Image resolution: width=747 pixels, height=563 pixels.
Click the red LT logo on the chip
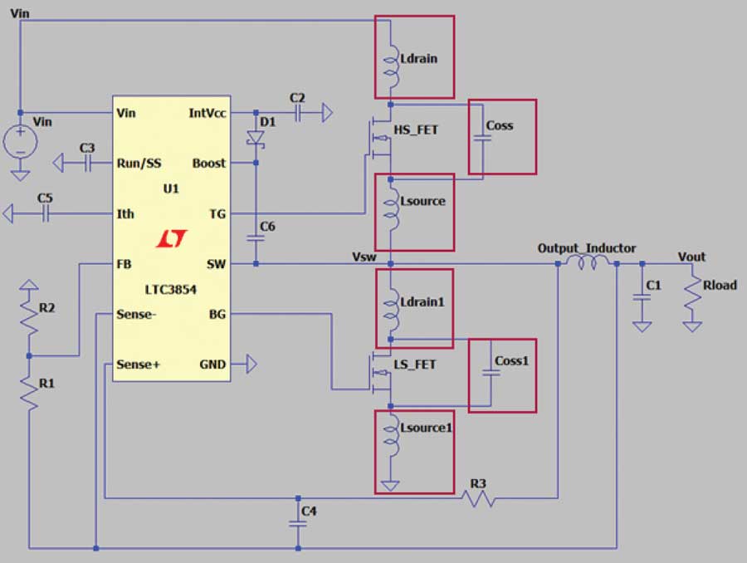172,240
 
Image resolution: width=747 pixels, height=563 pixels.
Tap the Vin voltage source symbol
20,143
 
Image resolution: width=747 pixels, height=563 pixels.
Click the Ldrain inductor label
418,60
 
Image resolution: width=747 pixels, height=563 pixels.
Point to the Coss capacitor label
500,126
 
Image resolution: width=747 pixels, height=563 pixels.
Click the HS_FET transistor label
415,130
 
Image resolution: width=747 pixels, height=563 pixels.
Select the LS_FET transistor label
415,365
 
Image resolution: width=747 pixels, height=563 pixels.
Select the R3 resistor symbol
479,499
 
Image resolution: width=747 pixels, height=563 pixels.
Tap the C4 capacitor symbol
298,523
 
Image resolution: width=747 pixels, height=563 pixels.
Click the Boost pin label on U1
208,163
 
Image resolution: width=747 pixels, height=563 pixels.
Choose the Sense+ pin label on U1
139,365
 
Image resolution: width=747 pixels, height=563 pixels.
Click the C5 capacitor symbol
46,213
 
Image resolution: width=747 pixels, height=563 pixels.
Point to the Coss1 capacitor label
510,362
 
